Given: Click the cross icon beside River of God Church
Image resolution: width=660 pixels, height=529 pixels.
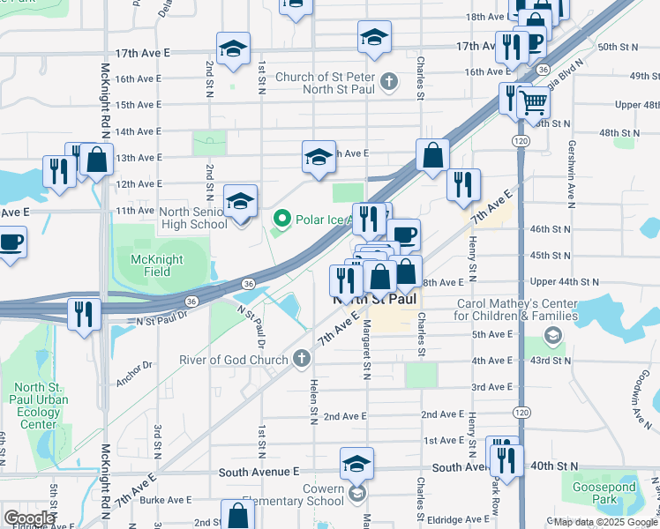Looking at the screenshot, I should pyautogui.click(x=302, y=359).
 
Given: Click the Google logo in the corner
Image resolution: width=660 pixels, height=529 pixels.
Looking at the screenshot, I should pyautogui.click(x=29, y=518).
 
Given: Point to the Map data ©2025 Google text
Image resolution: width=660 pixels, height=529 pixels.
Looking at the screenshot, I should pyautogui.click(x=604, y=522).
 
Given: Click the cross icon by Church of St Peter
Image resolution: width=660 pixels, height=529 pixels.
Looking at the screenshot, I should pyautogui.click(x=388, y=83).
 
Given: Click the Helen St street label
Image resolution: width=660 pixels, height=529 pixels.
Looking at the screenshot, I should pyautogui.click(x=313, y=401).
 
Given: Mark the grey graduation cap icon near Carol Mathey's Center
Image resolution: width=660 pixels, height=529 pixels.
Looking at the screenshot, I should pyautogui.click(x=553, y=334).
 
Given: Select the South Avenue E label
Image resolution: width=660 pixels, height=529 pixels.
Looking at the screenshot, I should pyautogui.click(x=259, y=473).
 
